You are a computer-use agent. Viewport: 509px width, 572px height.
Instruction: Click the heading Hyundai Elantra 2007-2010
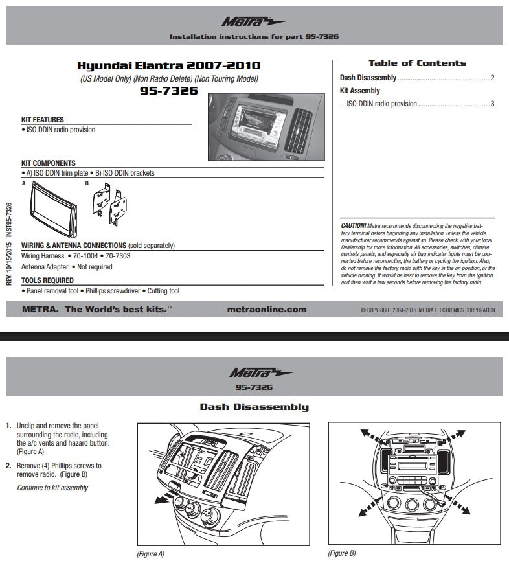coord(169,65)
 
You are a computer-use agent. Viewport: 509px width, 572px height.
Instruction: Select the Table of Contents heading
coord(417,63)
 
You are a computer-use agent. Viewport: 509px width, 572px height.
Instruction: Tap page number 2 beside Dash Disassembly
coord(492,78)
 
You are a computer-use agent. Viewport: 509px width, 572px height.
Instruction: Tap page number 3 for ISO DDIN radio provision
coord(492,104)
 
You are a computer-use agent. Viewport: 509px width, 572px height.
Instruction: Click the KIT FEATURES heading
coord(43,120)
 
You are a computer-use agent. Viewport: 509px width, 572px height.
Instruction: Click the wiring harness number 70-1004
coord(84,256)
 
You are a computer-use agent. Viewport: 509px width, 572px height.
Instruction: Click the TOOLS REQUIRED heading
coord(47,280)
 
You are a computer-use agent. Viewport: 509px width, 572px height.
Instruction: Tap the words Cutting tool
coord(164,292)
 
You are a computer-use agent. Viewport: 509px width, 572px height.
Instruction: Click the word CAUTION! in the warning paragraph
coord(353,225)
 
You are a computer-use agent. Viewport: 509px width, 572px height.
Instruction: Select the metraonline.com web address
coord(267,310)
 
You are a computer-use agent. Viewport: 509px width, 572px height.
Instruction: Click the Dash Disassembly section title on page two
coord(254,407)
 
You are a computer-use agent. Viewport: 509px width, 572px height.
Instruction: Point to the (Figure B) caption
coord(342,553)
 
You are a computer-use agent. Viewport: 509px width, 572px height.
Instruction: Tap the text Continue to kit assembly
coord(52,487)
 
